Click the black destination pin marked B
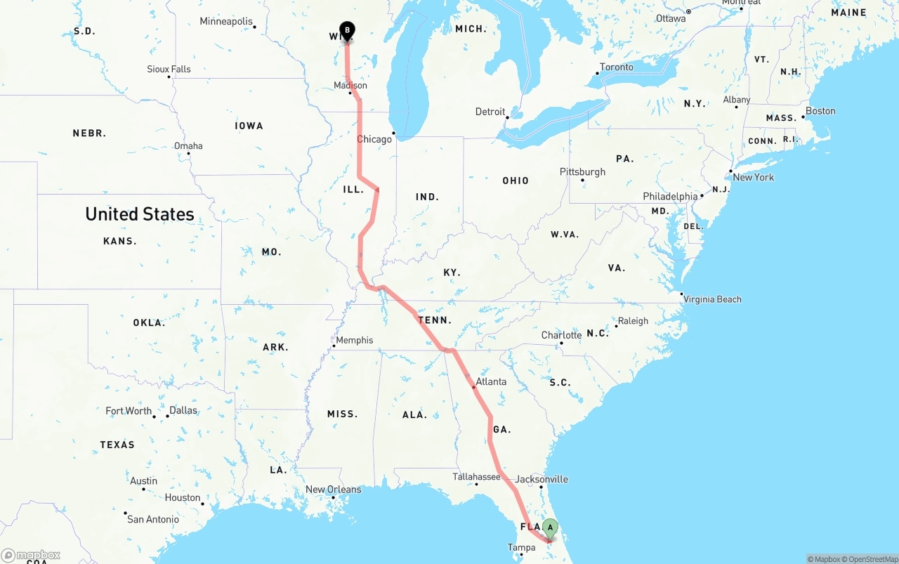pos(347,31)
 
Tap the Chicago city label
pos(374,139)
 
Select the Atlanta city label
pos(491,381)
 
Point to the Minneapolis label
pos(225,21)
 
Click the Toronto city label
pos(617,67)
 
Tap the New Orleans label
pos(333,490)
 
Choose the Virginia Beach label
pos(712,299)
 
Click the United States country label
pos(140,214)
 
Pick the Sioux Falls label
pos(169,69)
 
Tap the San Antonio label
pos(153,519)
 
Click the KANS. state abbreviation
pos(119,241)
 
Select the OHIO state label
pos(516,181)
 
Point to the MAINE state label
pos(848,13)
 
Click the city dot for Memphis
pos(334,346)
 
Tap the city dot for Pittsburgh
pos(582,180)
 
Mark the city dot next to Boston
pos(803,117)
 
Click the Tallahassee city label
pos(476,477)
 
